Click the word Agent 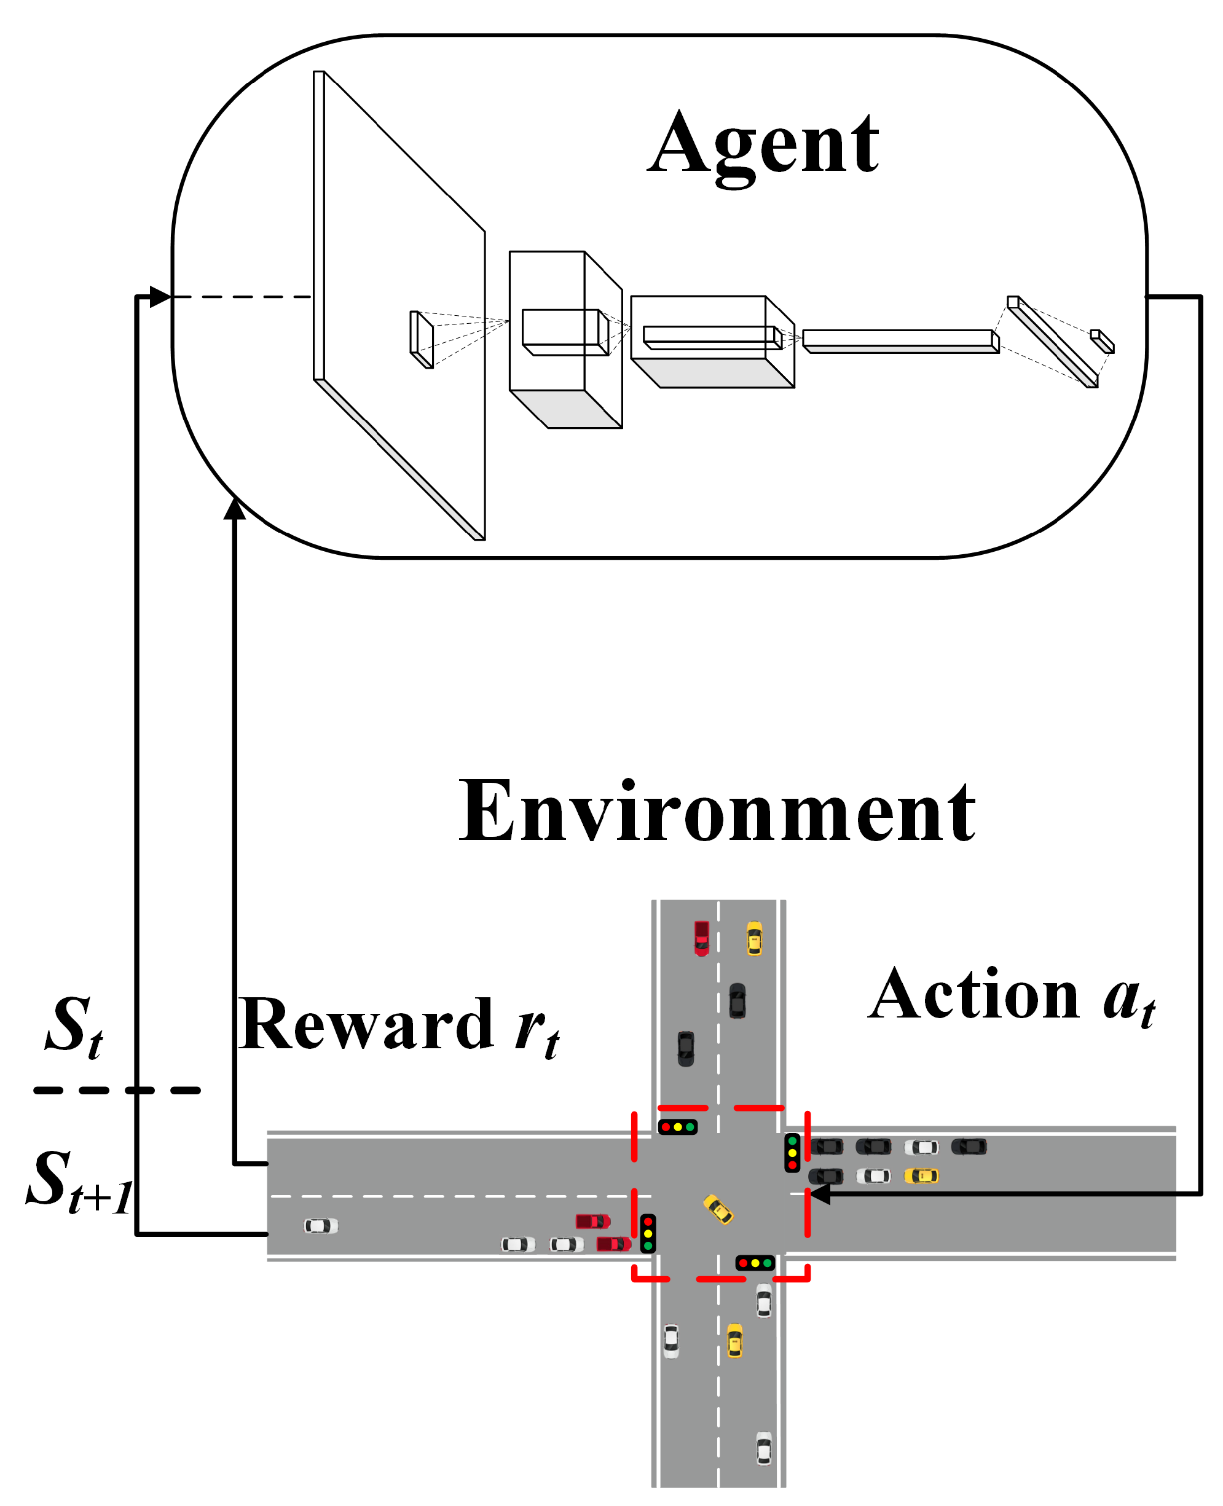(763, 146)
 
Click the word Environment (717, 812)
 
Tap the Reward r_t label (399, 1026)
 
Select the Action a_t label (1011, 996)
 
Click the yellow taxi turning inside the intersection (718, 1209)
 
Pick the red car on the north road (702, 938)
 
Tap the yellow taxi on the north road (754, 938)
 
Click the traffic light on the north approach (678, 1127)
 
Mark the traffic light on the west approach (647, 1233)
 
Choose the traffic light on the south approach (755, 1263)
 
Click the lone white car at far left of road (321, 1226)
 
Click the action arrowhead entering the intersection (819, 1194)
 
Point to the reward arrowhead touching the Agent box (235, 509)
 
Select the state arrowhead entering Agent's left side (160, 297)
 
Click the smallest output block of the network (1102, 341)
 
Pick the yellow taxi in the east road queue (921, 1175)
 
